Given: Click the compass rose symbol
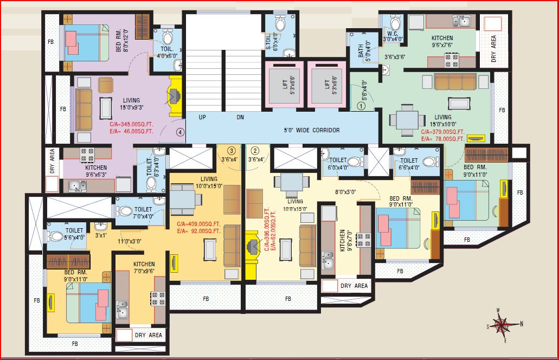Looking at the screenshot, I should tap(503, 325).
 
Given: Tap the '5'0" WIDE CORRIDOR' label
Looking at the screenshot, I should tap(312, 130).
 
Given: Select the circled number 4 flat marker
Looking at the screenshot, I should tap(179, 131).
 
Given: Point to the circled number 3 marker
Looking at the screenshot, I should tap(231, 151).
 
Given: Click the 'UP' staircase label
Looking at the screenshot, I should tap(202, 117).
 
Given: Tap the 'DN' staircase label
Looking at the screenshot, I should tap(240, 117).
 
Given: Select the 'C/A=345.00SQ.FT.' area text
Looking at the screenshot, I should tap(131, 124).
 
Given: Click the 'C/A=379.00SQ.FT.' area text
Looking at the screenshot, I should tap(443, 132).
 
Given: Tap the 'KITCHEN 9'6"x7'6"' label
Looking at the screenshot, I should tap(442, 42).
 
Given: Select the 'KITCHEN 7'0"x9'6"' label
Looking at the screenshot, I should tap(144, 268).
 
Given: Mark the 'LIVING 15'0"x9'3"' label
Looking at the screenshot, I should tap(131, 104).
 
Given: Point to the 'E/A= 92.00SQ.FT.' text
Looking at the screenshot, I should tap(199, 230).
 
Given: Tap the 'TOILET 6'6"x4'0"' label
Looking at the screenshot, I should tap(409, 163).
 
